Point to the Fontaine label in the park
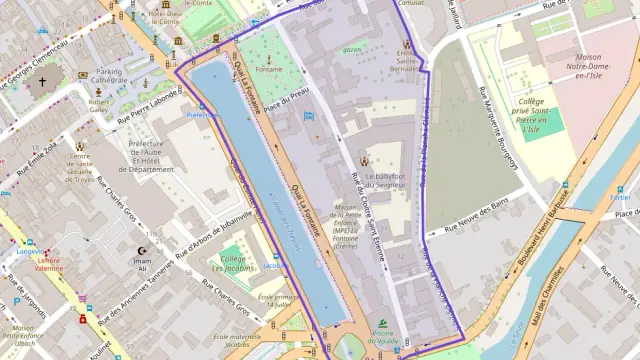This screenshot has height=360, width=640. (268, 69)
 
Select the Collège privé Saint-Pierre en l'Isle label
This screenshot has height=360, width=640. (532, 114)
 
